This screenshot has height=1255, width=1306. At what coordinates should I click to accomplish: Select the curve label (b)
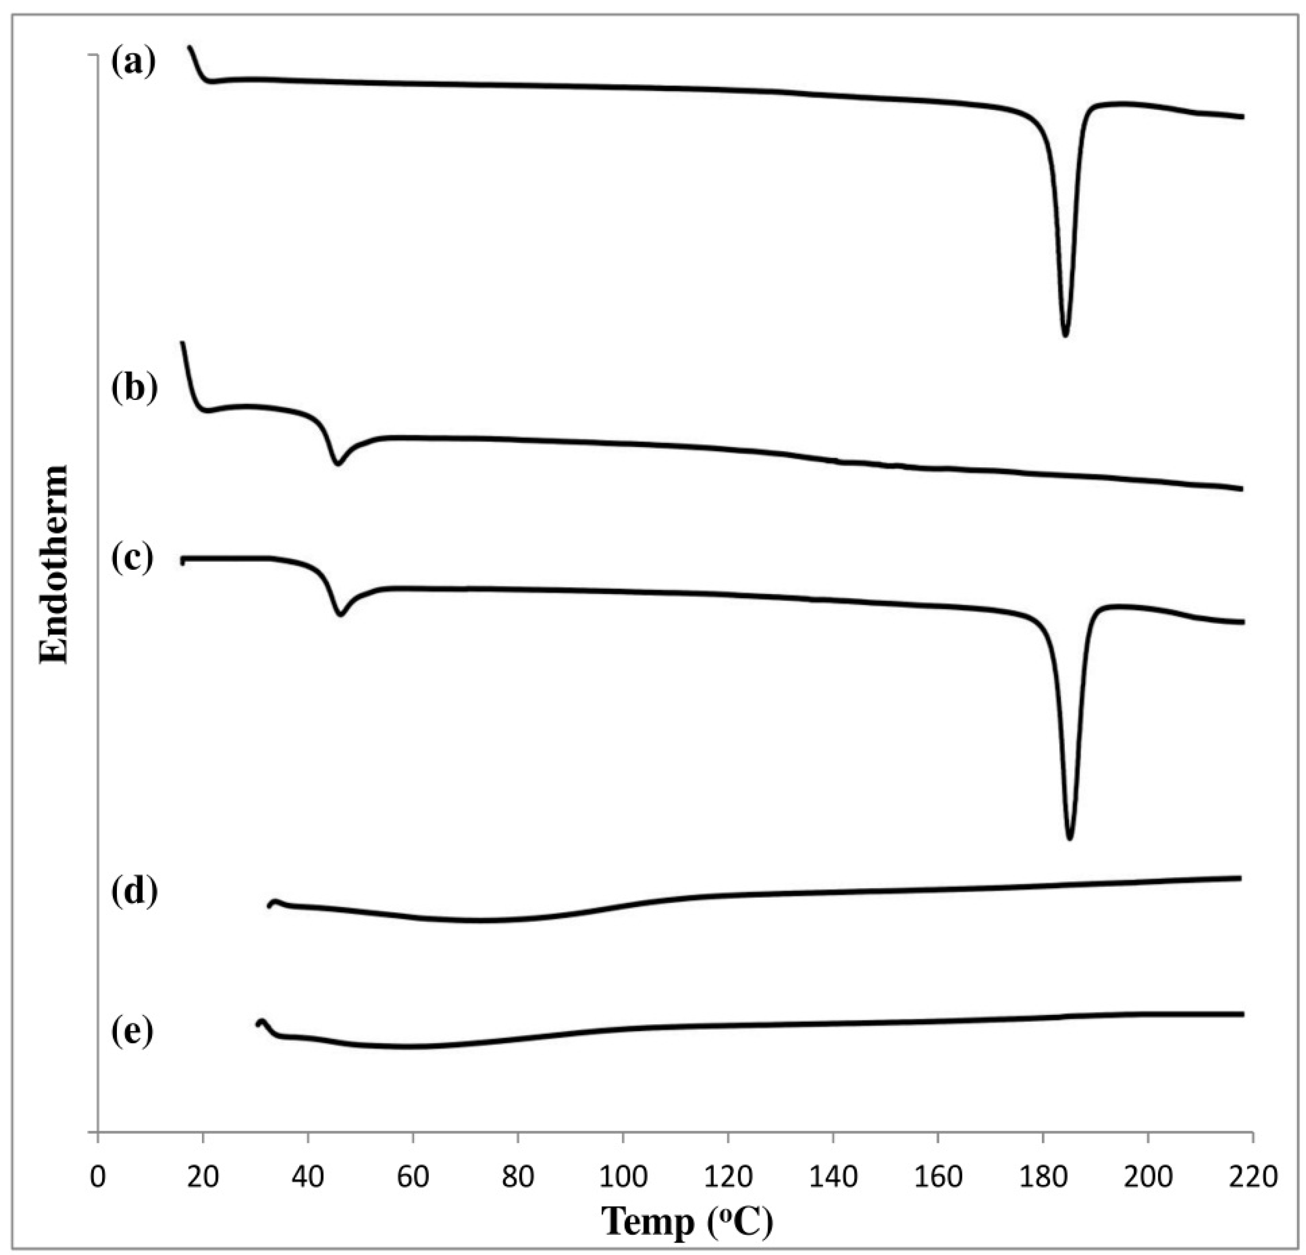tap(134, 388)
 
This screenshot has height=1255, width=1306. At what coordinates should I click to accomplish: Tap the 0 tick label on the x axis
tap(99, 1178)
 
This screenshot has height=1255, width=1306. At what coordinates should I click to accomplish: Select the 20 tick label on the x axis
tap(203, 1178)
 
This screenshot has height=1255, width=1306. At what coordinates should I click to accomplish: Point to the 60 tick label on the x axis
tap(413, 1178)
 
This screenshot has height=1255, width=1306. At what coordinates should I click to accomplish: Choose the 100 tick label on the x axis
tap(623, 1178)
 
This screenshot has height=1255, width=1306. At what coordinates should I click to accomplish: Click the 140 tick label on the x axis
tap(833, 1178)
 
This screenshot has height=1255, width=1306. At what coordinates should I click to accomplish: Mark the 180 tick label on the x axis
tap(1043, 1178)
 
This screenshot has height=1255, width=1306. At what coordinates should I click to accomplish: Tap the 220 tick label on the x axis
tap(1253, 1178)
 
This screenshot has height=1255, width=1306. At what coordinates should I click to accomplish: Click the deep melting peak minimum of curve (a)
tap(1065, 334)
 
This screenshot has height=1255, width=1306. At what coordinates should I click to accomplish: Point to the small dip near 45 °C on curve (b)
tap(338, 463)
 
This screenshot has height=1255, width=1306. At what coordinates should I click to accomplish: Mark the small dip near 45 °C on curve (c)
tap(341, 613)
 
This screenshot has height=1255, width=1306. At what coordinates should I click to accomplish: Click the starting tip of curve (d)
tap(270, 905)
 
